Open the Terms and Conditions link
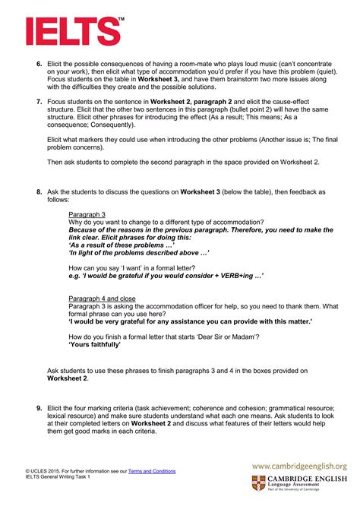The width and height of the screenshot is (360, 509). coord(152,471)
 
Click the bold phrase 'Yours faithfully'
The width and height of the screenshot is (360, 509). coord(95,345)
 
